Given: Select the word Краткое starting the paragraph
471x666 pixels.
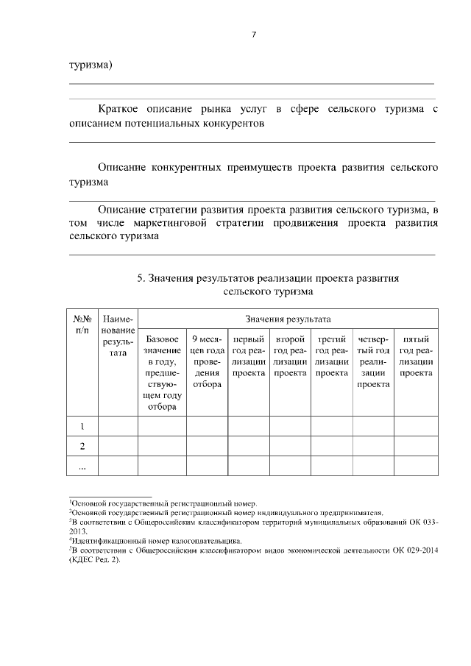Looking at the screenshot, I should click(x=120, y=110).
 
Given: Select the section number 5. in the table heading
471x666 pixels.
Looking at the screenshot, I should click(x=141, y=278).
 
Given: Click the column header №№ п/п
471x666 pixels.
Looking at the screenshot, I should click(x=82, y=325).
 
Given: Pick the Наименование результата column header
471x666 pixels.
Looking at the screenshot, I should click(x=118, y=336).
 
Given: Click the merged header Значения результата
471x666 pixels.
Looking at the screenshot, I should click(x=288, y=319).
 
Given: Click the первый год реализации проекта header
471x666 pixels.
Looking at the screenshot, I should click(x=249, y=356).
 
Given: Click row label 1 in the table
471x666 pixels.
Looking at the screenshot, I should click(x=82, y=426).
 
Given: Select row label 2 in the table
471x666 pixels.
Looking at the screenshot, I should click(x=82, y=446).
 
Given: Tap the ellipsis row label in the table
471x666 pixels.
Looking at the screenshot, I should click(x=82, y=466).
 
